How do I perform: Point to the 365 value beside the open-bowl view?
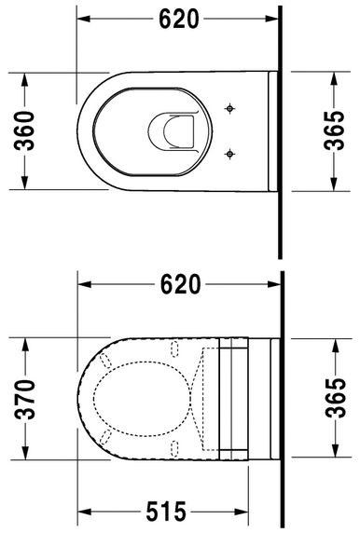341,131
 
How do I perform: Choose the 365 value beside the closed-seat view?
341,398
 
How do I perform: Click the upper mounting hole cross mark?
229,110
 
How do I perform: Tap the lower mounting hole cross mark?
229,152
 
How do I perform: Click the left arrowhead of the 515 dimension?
84,512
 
